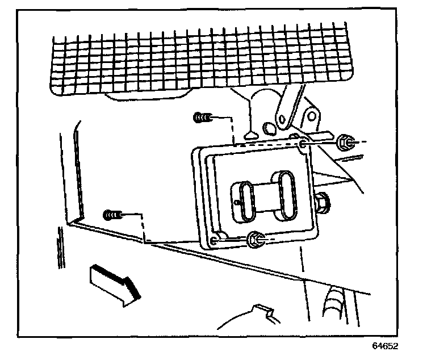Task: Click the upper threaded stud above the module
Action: click(x=203, y=118)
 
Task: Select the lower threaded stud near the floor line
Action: click(x=112, y=215)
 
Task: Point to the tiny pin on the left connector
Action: click(x=235, y=201)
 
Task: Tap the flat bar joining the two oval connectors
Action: click(x=263, y=193)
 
